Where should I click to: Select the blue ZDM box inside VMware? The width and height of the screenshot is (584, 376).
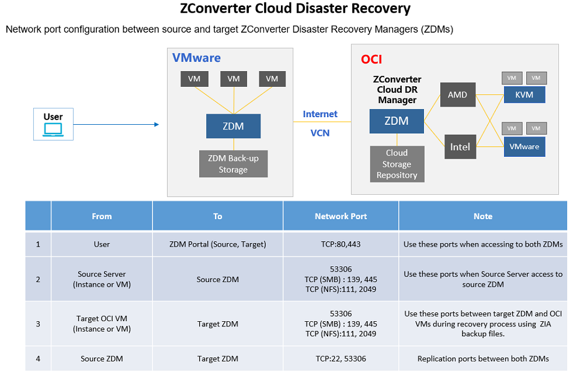pos(233,126)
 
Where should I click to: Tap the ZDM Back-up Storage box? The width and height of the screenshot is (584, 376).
pos(233,164)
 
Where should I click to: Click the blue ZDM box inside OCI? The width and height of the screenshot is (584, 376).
pos(397,121)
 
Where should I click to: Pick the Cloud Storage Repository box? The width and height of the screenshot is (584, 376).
pos(397,164)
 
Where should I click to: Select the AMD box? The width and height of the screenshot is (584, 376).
pos(457,94)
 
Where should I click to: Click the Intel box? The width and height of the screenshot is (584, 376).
pos(460,147)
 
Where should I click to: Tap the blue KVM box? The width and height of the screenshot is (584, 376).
pos(524,94)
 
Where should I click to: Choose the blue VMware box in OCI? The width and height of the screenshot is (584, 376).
pos(524,147)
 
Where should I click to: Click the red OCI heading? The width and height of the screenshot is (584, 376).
pos(371,59)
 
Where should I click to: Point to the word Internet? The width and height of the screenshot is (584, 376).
pos(320,114)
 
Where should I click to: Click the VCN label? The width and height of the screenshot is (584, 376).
pos(320,133)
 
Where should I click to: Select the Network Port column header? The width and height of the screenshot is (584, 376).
pos(340,216)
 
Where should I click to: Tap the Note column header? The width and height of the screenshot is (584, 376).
pos(482,216)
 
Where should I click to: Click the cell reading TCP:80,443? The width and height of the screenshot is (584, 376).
pos(340,244)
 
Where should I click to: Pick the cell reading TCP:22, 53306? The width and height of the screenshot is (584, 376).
pos(340,359)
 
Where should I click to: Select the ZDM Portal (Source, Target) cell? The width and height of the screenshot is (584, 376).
pos(217,244)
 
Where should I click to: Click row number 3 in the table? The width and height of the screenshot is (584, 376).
pos(38,324)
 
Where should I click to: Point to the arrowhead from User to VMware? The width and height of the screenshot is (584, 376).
pos(156,125)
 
